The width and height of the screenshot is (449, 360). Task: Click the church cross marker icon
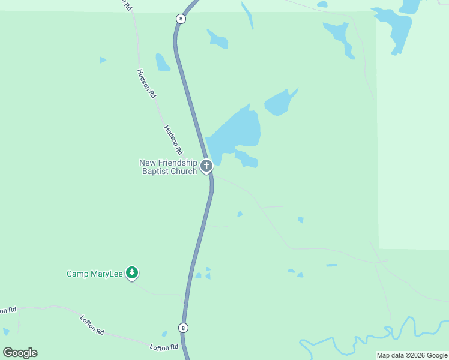pyautogui.click(x=206, y=166)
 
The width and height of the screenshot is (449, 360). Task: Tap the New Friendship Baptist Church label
pyautogui.click(x=168, y=167)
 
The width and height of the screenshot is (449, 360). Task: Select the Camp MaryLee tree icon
pyautogui.click(x=132, y=274)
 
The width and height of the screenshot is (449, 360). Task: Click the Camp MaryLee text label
pyautogui.click(x=94, y=274)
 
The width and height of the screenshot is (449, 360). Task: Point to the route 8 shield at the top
pyautogui.click(x=181, y=19)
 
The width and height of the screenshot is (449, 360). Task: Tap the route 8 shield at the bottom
pyautogui.click(x=183, y=328)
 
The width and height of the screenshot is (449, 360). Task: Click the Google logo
pyautogui.click(x=20, y=353)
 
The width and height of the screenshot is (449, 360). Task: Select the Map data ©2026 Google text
pyautogui.click(x=412, y=355)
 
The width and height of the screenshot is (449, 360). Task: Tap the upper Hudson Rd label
pyautogui.click(x=146, y=83)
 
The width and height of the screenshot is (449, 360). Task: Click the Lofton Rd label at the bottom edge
pyautogui.click(x=164, y=347)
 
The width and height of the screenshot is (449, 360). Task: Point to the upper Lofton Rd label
pyautogui.click(x=92, y=324)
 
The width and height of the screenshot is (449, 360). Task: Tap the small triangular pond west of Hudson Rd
pyautogui.click(x=103, y=60)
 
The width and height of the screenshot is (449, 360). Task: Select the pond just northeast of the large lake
pyautogui.click(x=280, y=103)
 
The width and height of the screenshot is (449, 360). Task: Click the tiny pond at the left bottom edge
pyautogui.click(x=6, y=331)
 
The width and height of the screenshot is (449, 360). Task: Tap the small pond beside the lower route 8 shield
pyautogui.click(x=164, y=334)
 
